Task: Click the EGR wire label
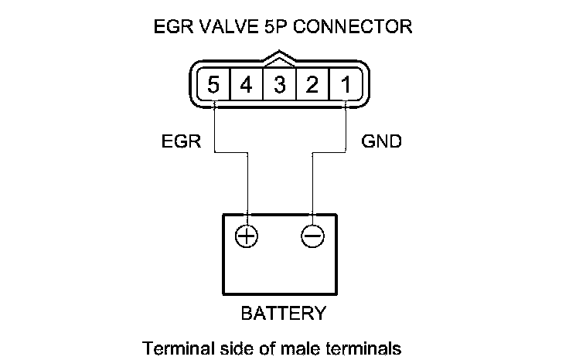pyautogui.click(x=182, y=142)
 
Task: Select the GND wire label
pyautogui.click(x=381, y=142)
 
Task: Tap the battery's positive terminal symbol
pyautogui.click(x=247, y=237)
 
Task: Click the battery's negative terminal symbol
pyautogui.click(x=312, y=237)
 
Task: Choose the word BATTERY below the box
pyautogui.click(x=283, y=314)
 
